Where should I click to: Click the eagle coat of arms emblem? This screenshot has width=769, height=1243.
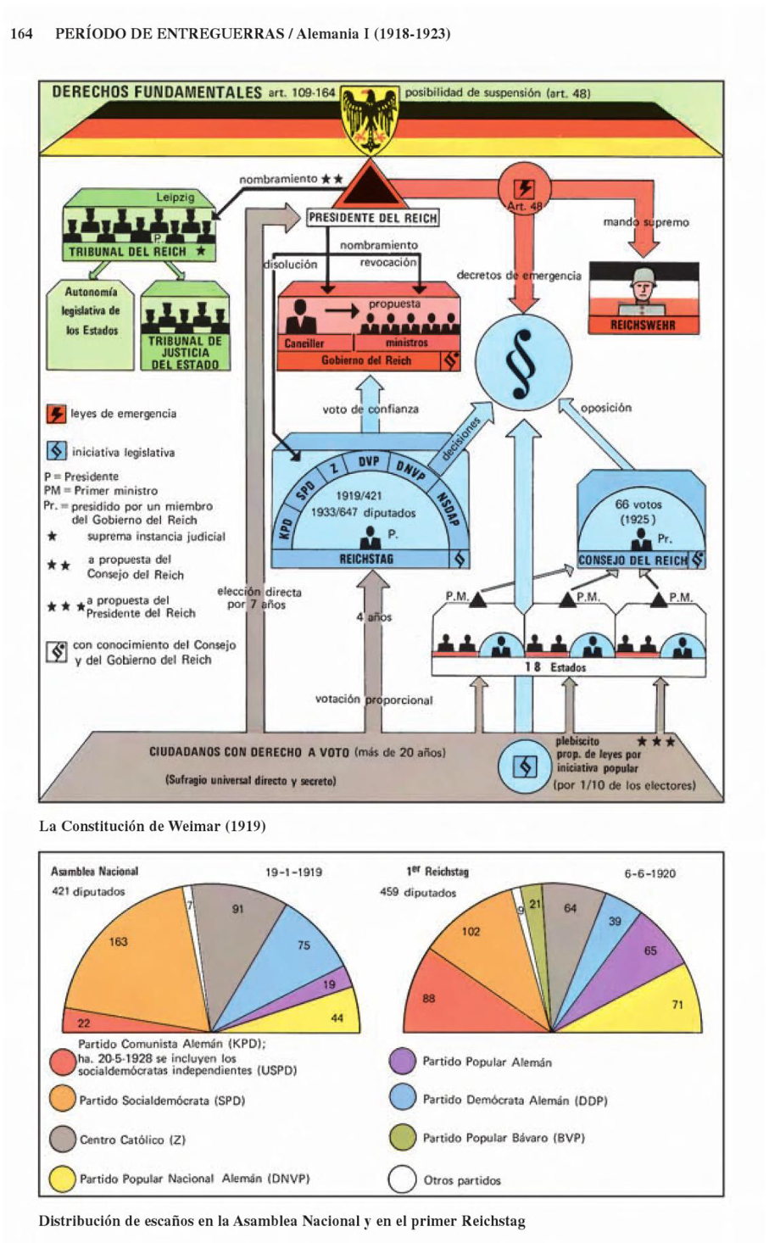[x=370, y=120]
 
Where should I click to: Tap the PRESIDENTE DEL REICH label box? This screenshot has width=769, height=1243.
[x=372, y=218]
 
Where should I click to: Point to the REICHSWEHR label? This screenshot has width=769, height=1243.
[x=643, y=325]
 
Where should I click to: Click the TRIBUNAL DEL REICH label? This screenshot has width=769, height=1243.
[x=127, y=252]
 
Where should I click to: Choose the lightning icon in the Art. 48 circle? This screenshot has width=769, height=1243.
[x=525, y=188]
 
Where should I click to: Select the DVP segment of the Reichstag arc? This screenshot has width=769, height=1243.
[x=369, y=461]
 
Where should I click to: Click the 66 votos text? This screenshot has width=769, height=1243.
[x=638, y=504]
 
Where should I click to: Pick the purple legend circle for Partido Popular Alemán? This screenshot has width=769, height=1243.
[x=402, y=1061]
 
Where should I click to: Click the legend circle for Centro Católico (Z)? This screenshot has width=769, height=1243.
[x=63, y=1139]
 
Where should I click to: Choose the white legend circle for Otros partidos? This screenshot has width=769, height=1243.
[x=402, y=1179]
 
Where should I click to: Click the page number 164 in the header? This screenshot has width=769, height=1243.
[x=21, y=34]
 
